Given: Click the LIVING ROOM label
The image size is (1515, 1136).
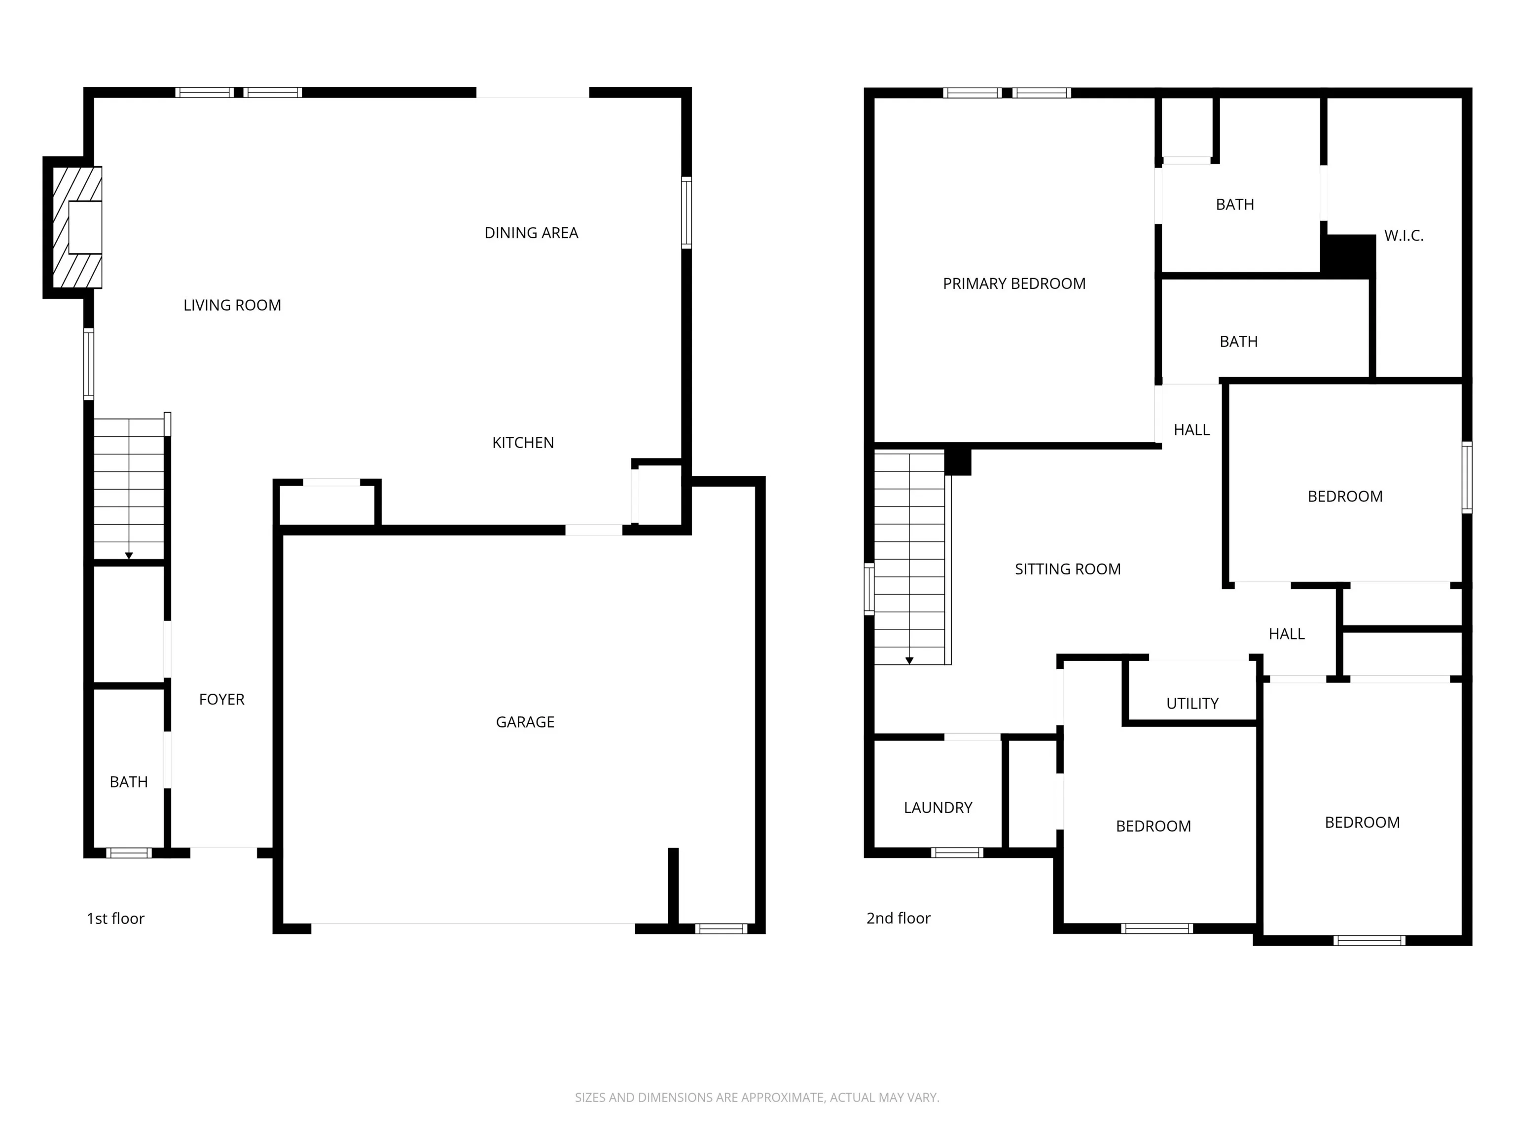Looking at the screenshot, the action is click(x=232, y=305).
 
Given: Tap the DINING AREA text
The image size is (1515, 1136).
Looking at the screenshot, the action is click(x=532, y=233).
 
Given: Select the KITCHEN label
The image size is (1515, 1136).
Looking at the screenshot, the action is click(x=523, y=443).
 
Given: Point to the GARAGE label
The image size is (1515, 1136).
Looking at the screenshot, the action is click(x=525, y=722).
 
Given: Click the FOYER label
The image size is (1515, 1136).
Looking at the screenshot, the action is click(x=222, y=699).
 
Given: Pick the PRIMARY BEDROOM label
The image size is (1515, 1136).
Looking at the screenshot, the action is click(x=1014, y=284).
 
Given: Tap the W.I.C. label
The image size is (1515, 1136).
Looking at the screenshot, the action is click(x=1404, y=236).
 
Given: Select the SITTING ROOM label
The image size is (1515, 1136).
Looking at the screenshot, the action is click(x=1068, y=569).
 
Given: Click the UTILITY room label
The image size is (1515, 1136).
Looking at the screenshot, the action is click(x=1192, y=703).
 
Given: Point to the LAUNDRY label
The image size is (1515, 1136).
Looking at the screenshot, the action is click(x=938, y=807).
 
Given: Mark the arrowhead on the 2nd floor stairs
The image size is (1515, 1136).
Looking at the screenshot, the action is click(x=909, y=661).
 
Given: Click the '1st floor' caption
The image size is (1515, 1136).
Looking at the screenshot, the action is click(x=116, y=918).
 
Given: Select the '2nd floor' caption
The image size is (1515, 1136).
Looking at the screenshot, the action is click(x=899, y=918).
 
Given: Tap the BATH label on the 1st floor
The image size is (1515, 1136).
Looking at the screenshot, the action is click(x=129, y=782).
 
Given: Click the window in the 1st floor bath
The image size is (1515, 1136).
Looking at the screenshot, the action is click(x=129, y=852).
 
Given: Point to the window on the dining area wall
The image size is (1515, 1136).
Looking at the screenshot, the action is click(x=686, y=213).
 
